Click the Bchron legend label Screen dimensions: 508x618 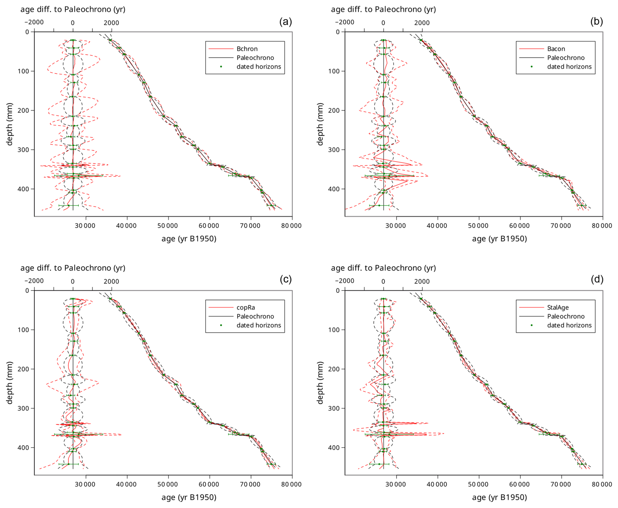(247, 49)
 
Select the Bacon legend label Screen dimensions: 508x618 (556, 49)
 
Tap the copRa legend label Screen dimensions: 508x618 (246, 308)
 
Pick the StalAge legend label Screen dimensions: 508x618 (558, 308)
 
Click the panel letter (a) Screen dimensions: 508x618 (285, 22)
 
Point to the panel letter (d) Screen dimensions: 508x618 (597, 280)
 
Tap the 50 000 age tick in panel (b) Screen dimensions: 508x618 (478, 226)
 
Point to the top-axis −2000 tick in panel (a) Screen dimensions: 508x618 (34, 22)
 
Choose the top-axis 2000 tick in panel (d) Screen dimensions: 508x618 (422, 282)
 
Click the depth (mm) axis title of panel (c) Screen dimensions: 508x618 (9, 383)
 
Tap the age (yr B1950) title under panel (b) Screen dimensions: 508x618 (499, 239)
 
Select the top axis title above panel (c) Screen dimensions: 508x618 (73, 268)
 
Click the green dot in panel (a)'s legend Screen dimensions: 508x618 (221, 67)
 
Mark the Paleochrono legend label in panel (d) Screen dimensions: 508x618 (566, 317)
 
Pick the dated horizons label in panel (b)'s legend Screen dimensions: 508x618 (569, 67)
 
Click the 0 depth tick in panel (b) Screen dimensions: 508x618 (338, 32)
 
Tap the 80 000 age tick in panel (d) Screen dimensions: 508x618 (602, 485)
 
